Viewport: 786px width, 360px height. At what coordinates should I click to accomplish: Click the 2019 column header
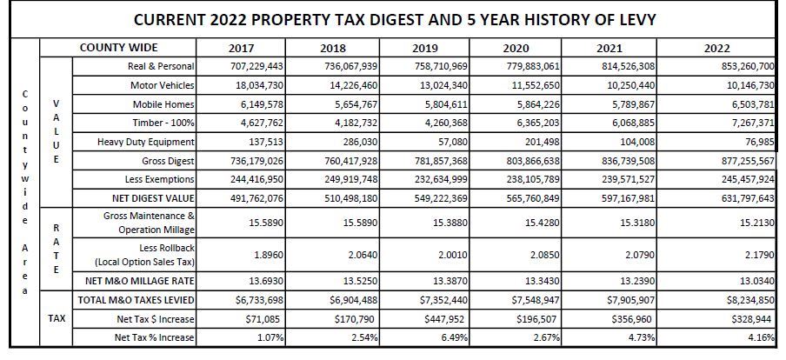[x=425, y=49]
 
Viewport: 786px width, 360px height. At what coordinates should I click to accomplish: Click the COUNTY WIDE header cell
[x=119, y=48]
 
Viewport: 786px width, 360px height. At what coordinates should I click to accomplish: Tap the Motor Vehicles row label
[x=162, y=85]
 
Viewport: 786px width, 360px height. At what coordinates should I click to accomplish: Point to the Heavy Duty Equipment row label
[x=146, y=142]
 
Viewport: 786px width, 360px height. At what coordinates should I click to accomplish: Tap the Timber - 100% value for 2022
[x=749, y=123]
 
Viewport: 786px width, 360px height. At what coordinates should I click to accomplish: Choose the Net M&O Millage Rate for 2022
[x=755, y=282]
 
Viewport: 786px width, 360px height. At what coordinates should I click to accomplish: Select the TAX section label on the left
[x=57, y=319]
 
